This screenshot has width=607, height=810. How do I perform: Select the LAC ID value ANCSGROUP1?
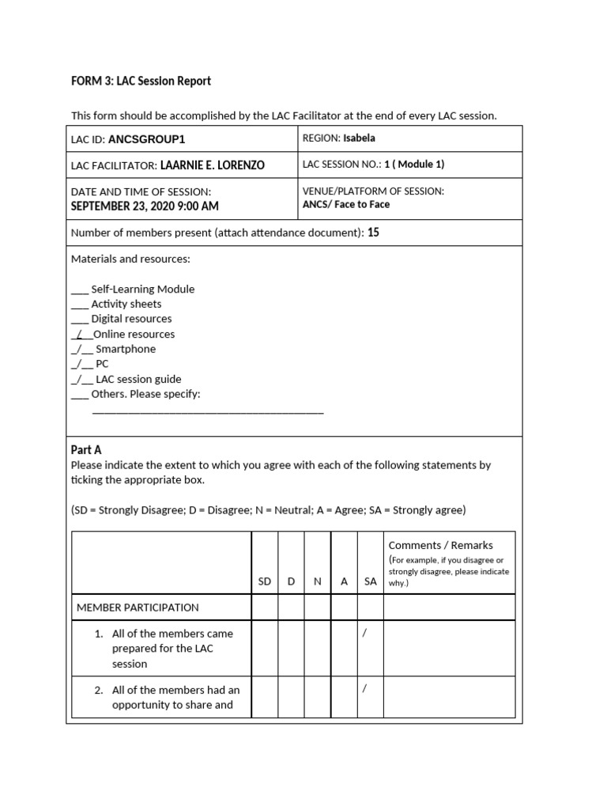click(x=146, y=139)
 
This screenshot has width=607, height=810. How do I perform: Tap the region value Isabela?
click(x=359, y=138)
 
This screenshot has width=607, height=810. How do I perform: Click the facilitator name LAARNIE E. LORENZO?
click(x=212, y=165)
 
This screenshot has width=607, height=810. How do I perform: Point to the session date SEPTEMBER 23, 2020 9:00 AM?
click(x=145, y=206)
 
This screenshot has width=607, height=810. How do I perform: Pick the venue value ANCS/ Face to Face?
click(x=346, y=204)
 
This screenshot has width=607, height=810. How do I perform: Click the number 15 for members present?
click(x=374, y=233)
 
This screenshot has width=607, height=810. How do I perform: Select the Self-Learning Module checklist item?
click(x=142, y=289)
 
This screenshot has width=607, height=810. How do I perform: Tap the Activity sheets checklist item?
click(x=126, y=304)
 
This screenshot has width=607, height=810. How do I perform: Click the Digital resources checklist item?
click(x=131, y=319)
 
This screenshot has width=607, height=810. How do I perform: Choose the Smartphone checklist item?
click(x=126, y=349)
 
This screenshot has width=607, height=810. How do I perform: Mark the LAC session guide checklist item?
click(x=138, y=379)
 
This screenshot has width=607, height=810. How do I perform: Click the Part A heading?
click(x=86, y=449)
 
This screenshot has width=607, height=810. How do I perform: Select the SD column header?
click(x=265, y=581)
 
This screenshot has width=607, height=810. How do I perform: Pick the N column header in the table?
click(x=317, y=581)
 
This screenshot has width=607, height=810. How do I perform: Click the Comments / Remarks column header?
click(x=440, y=545)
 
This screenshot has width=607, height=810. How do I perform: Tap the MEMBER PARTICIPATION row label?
click(x=138, y=607)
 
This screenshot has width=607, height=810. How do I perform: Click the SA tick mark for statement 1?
click(x=364, y=633)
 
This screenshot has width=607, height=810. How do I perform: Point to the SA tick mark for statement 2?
click(x=364, y=689)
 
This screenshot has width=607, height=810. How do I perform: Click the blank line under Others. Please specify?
click(x=208, y=411)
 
